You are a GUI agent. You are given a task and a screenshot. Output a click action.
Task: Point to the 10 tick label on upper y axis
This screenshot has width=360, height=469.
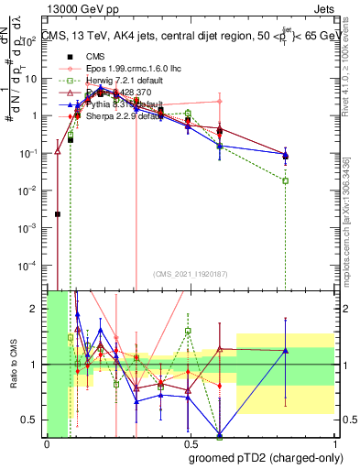point(31,79)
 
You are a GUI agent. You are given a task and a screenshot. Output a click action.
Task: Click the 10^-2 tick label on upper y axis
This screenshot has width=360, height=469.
point(29,190)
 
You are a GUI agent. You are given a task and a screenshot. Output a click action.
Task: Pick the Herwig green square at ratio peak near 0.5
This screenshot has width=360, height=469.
point(188,331)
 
